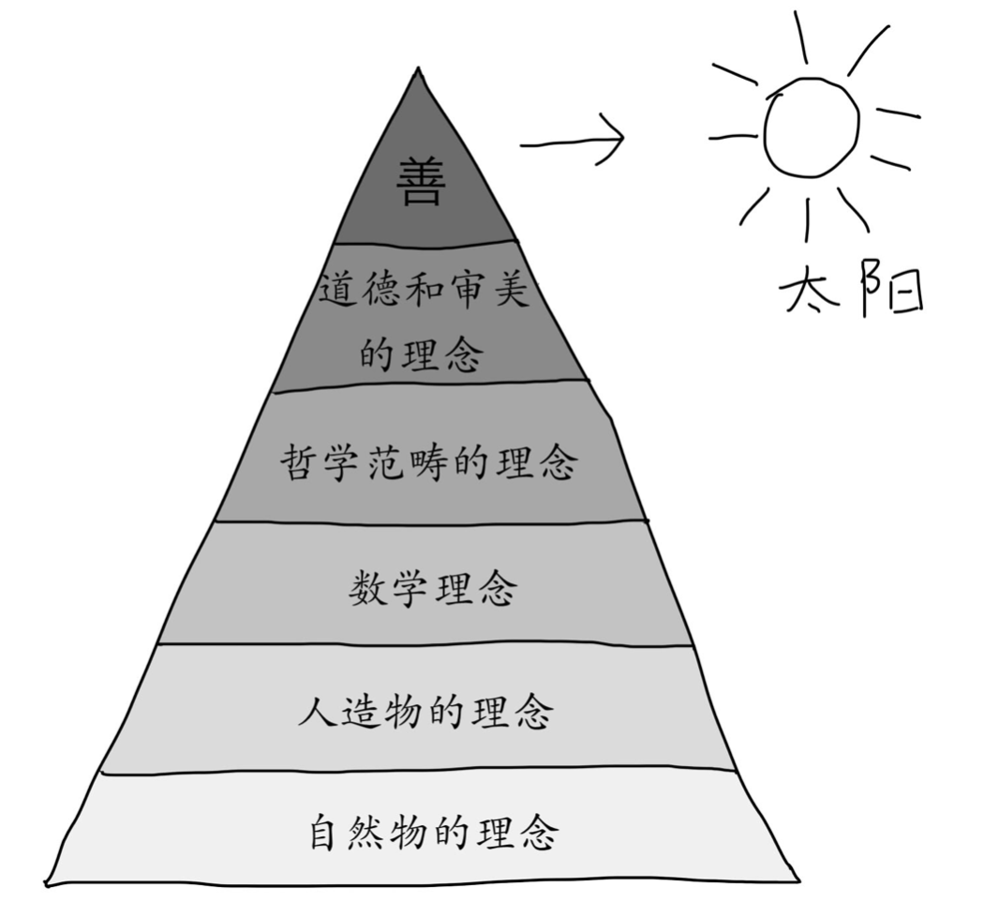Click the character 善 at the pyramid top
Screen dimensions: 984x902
click(421, 181)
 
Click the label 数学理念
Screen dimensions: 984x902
click(434, 588)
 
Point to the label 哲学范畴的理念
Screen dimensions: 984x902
click(429, 462)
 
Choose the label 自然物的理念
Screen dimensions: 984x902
click(434, 832)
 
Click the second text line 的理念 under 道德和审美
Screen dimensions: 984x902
click(422, 353)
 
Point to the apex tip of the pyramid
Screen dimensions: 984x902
click(418, 68)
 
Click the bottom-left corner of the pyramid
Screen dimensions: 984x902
click(47, 885)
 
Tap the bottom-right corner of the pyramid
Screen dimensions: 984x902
click(799, 880)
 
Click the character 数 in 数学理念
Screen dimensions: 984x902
click(369, 588)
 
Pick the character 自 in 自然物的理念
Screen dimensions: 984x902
click(330, 832)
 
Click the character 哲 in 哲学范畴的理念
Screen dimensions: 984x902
click(301, 462)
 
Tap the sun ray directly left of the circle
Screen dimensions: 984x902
click(732, 136)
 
